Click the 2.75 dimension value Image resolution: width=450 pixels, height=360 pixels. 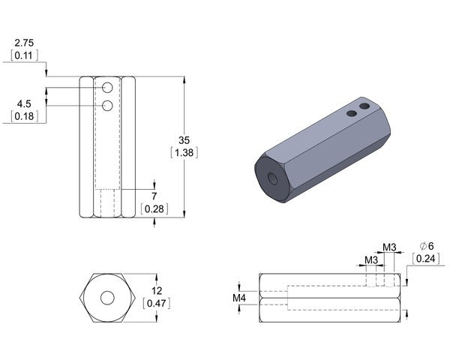click(x=24, y=43)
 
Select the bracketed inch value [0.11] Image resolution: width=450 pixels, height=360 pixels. click(x=24, y=55)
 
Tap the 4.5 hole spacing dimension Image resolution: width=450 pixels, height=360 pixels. click(x=24, y=103)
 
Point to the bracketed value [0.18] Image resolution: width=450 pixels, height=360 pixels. click(x=24, y=116)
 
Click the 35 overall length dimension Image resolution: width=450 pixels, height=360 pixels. click(x=184, y=140)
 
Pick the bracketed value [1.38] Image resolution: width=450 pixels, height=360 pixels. click(x=184, y=152)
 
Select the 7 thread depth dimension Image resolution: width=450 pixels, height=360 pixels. click(x=154, y=196)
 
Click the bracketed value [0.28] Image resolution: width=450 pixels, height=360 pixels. click(x=154, y=208)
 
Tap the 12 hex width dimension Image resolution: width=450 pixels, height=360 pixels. click(x=157, y=291)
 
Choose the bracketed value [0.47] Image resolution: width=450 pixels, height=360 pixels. click(x=157, y=303)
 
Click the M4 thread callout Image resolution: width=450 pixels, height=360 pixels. click(x=239, y=298)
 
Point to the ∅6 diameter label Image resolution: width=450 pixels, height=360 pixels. click(x=427, y=246)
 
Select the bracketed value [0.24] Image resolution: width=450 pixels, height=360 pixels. click(x=426, y=258)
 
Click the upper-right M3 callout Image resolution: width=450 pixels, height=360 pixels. click(x=389, y=247)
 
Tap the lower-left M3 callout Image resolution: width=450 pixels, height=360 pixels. click(x=371, y=260)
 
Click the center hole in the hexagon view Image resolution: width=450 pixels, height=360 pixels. click(x=107, y=298)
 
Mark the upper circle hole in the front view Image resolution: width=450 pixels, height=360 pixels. click(x=107, y=88)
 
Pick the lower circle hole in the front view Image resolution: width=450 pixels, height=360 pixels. click(x=107, y=106)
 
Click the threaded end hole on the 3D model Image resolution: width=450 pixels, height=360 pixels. click(x=271, y=178)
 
